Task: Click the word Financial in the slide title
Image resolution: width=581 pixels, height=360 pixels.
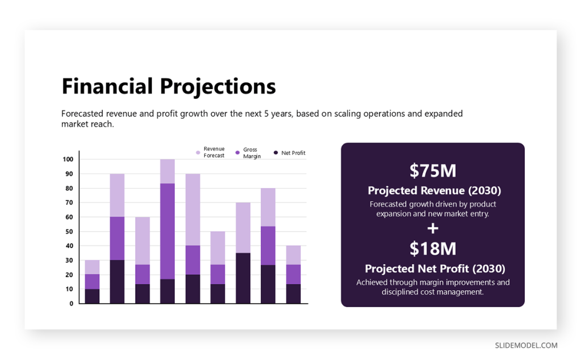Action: [107, 86]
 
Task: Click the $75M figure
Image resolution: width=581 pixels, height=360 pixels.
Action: [433, 170]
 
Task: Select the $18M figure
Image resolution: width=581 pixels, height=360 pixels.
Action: [433, 249]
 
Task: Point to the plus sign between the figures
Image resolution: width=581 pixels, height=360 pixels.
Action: [433, 228]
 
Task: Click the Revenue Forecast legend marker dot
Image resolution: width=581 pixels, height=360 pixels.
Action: [198, 152]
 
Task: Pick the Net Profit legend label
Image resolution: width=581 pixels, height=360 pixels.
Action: [293, 153]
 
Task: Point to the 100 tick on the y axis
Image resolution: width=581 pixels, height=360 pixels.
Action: [68, 160]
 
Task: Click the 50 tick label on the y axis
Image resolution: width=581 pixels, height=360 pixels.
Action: [69, 232]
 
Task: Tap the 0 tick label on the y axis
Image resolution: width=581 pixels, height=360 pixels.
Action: [71, 303]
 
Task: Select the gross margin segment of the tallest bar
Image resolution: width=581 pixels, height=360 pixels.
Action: [167, 231]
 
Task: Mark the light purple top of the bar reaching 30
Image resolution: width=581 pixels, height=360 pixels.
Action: [92, 267]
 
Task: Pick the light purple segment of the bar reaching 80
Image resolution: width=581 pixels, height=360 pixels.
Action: [268, 207]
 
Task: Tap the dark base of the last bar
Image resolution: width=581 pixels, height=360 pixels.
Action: [293, 294]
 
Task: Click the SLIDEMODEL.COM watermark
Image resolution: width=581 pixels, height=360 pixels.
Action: [526, 345]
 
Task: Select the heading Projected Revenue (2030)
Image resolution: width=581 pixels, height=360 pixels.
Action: [434, 190]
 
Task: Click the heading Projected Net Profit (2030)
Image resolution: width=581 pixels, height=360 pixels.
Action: [435, 269]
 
